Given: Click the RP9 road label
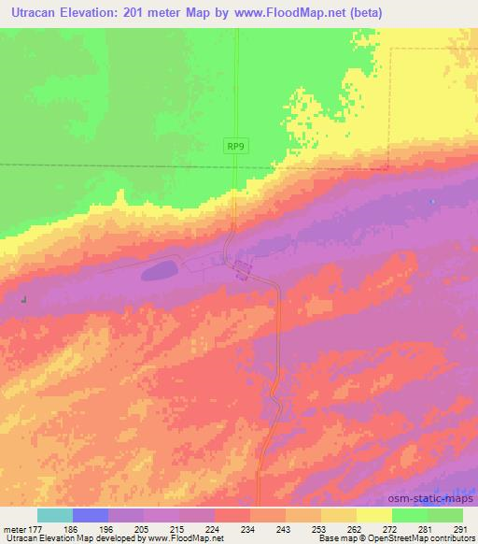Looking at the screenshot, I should (x=237, y=146).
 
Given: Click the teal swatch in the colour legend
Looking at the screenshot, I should (x=55, y=515).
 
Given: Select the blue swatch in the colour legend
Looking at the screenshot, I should (x=91, y=515).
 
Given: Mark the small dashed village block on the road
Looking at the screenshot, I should (x=243, y=270).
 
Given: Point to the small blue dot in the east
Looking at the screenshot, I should (x=431, y=201).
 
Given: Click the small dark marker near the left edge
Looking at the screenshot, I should (x=23, y=299).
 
